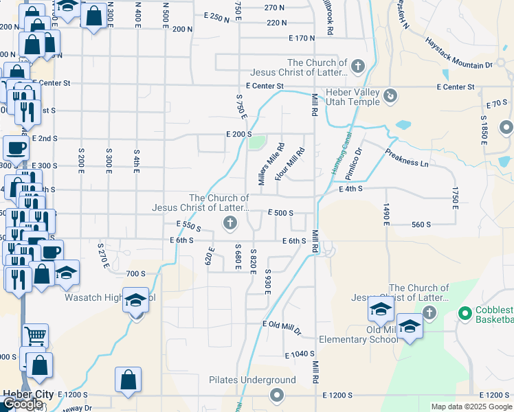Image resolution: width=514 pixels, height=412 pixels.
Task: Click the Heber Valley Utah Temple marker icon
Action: (x=390, y=95)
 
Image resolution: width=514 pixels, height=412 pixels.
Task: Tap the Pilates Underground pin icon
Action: (x=277, y=394)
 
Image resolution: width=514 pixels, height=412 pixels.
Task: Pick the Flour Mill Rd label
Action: (x=289, y=165)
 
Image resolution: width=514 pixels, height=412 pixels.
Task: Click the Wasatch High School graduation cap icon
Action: (x=136, y=300)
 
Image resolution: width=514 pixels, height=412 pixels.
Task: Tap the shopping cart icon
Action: (x=35, y=336)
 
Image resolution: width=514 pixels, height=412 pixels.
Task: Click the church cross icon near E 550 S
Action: (x=230, y=222)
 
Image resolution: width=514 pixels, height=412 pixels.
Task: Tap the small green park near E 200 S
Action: (x=256, y=143)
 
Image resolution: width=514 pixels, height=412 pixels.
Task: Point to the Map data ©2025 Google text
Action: (x=471, y=407)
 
